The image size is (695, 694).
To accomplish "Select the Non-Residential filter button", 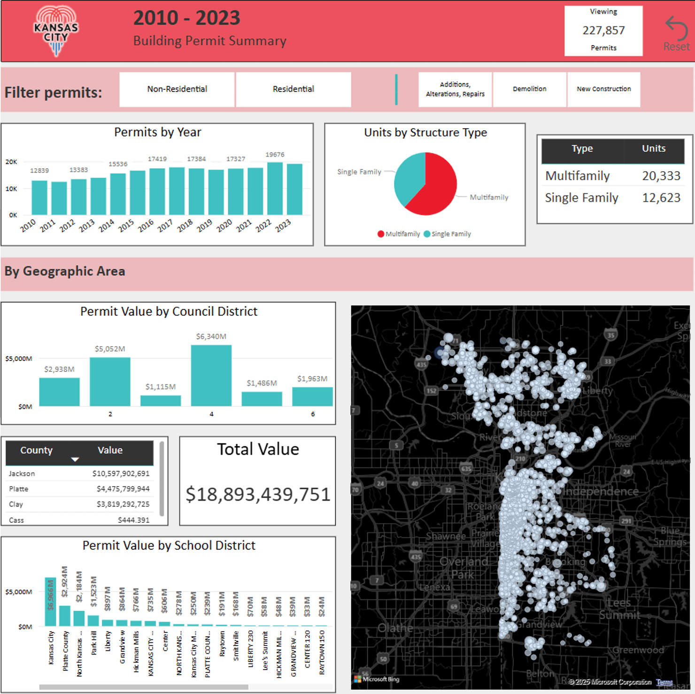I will click(x=177, y=89).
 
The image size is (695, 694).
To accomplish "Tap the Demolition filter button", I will click(x=529, y=89).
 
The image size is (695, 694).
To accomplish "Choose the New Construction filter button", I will click(x=603, y=89).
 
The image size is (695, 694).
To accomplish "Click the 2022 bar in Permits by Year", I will click(x=275, y=189).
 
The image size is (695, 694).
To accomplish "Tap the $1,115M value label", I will click(x=161, y=387).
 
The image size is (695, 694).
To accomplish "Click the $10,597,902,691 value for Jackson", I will click(x=121, y=473).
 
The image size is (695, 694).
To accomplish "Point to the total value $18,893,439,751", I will click(x=258, y=495).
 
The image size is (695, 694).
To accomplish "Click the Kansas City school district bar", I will click(x=50, y=602).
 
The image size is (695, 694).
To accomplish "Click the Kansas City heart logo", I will click(x=56, y=31).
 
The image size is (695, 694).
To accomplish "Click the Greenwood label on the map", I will click(x=638, y=650).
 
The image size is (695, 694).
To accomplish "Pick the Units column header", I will click(x=654, y=149).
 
